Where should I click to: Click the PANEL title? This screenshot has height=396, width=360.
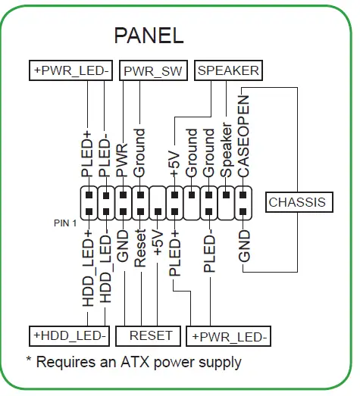(149, 35)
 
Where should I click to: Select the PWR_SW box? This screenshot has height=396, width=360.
(153, 71)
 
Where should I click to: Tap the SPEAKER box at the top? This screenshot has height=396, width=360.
(228, 71)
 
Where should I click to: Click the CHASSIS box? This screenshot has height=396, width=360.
(297, 202)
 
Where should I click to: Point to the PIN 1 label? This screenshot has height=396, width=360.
(65, 223)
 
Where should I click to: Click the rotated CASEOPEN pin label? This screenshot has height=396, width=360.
(243, 138)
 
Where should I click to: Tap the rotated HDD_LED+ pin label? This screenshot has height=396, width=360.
(89, 268)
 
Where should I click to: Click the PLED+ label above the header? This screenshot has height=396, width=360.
(89, 154)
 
